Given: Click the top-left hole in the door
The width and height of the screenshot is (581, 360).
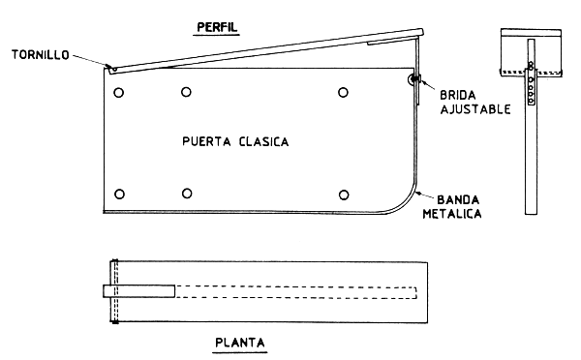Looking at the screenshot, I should click(x=118, y=93).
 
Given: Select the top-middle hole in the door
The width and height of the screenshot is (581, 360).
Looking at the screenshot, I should click(x=186, y=93).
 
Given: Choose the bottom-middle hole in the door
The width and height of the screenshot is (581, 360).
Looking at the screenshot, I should click(x=186, y=190).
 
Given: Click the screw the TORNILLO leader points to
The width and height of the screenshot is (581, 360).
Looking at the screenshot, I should click(x=113, y=69).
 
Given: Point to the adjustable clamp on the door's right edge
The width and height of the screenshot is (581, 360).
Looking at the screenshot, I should click(x=415, y=80).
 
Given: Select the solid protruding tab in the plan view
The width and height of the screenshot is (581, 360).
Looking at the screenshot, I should click(x=138, y=291).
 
